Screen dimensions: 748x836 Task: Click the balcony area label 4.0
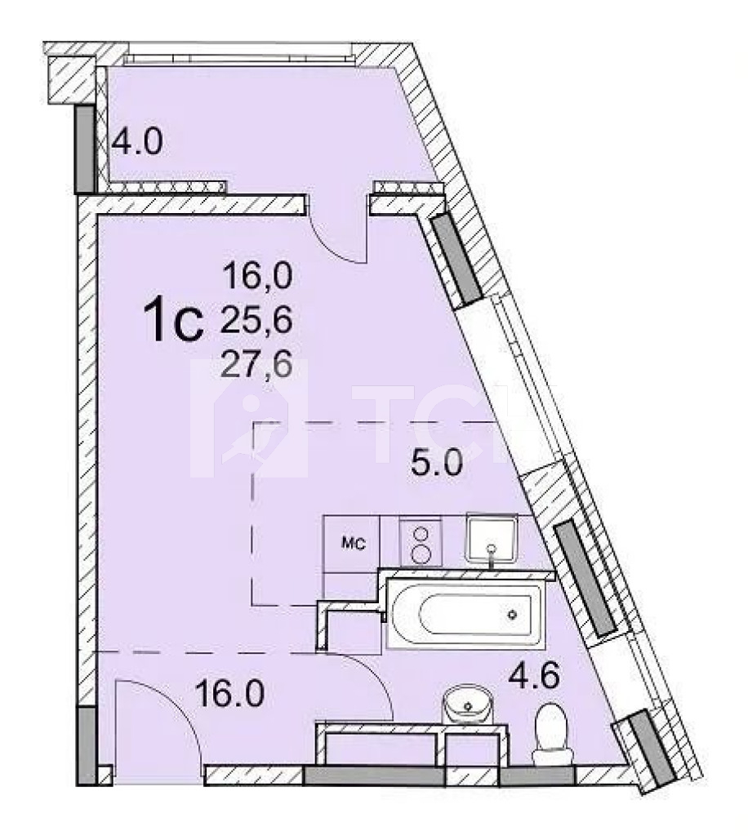tap(137, 142)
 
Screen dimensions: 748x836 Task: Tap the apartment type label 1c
tap(174, 320)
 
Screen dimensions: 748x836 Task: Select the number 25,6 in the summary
tap(257, 321)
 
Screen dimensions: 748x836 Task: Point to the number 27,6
tap(257, 365)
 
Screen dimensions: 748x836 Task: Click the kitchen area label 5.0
tap(436, 463)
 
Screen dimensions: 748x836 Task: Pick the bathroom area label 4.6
tap(533, 676)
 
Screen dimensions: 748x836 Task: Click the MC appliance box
tap(352, 543)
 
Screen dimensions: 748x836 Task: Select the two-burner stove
tap(421, 543)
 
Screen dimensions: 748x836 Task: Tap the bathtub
tap(466, 614)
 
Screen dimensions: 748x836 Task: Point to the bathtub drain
tap(512, 614)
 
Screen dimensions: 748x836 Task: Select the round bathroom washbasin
tap(468, 705)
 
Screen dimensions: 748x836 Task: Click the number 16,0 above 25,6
tap(257, 277)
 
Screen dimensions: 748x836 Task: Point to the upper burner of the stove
tap(421, 534)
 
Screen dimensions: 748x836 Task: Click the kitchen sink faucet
tap(491, 554)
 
